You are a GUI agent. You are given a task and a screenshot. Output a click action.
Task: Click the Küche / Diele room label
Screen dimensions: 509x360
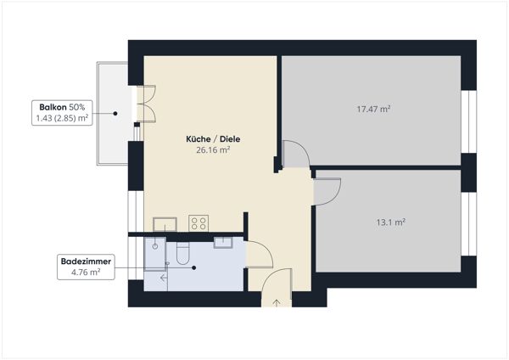point(213,139)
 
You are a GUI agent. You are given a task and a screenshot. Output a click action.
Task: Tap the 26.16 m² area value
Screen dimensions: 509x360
point(213,149)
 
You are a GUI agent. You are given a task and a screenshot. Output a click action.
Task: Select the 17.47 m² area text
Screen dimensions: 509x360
point(373,109)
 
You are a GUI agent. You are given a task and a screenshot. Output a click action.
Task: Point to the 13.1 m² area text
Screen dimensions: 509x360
point(390,222)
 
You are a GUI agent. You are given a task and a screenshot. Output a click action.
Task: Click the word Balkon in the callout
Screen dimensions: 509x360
point(53,107)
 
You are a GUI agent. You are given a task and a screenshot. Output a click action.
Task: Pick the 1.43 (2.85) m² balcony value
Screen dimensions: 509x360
point(62,118)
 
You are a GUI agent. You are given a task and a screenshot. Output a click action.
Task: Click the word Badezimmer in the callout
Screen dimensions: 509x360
point(86,262)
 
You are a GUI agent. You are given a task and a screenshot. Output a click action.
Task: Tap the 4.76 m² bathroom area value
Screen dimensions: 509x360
point(86,272)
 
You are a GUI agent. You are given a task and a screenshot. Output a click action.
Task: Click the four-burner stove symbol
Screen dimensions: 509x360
point(199,223)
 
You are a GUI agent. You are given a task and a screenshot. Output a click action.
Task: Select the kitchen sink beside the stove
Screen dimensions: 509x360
point(165,224)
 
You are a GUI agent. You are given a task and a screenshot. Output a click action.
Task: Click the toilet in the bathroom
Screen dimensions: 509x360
point(182,253)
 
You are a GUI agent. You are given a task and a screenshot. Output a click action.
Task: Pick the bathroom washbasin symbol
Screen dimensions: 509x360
point(223,242)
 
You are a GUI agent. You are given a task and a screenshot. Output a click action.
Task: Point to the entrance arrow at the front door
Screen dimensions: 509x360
point(277,303)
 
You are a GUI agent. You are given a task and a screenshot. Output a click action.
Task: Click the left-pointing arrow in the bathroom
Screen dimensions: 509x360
point(164,278)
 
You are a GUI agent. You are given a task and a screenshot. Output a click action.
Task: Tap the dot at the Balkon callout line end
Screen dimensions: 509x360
point(115,114)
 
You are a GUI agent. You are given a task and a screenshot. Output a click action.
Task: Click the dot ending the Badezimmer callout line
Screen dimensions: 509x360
point(193,267)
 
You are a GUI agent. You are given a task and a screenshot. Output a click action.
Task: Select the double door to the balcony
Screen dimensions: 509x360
point(146,104)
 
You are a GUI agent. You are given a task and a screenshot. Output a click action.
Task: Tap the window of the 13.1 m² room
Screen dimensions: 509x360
point(469,224)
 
